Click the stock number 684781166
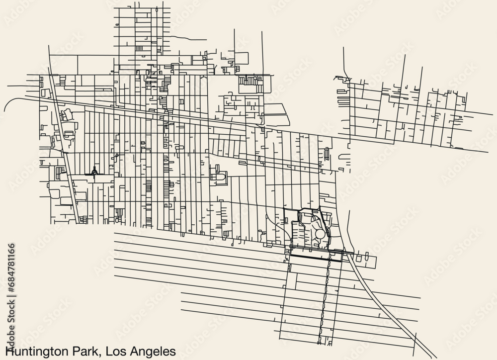(11, 264)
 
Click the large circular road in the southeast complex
(321, 233)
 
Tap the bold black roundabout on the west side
(94, 172)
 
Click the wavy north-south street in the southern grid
(324, 298)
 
